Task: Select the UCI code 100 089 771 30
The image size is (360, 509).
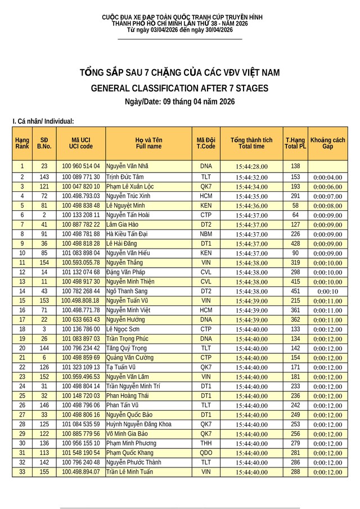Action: (x=81, y=177)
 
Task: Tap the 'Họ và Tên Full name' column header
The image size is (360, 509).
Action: (x=148, y=143)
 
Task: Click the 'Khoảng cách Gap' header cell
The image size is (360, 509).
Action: (x=327, y=143)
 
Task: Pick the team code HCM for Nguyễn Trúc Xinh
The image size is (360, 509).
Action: (x=206, y=196)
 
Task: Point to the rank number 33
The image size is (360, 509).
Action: (x=22, y=472)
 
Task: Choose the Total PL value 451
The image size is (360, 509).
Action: (x=295, y=291)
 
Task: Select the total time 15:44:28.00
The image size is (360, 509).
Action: (x=252, y=166)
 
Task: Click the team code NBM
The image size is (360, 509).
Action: (x=206, y=234)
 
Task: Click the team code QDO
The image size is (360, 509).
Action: (x=206, y=453)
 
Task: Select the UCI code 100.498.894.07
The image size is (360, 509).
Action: (x=81, y=472)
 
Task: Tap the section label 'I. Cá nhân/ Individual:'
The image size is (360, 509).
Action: (x=43, y=121)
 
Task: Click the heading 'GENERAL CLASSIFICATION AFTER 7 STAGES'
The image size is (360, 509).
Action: (x=179, y=88)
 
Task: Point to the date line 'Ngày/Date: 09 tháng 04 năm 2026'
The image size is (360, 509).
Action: (x=179, y=102)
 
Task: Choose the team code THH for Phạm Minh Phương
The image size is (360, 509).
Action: (x=206, y=443)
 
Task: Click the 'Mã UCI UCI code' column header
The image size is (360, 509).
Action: (x=81, y=143)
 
